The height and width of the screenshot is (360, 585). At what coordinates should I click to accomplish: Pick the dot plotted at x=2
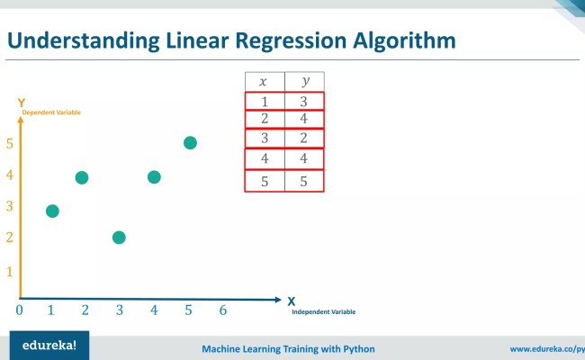[82, 177]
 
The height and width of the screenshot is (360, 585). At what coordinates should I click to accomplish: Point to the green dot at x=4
[154, 177]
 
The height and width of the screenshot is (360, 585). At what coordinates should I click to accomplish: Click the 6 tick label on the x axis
[222, 310]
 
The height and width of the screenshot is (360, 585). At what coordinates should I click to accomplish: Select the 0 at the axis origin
[19, 310]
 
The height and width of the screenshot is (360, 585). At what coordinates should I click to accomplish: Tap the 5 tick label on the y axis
[9, 143]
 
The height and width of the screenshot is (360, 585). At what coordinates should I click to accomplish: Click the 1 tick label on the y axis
[9, 271]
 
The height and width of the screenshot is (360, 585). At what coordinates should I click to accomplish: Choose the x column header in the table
[264, 82]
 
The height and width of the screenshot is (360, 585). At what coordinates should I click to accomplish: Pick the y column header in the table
[304, 82]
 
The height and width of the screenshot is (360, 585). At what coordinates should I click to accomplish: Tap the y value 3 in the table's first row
[304, 101]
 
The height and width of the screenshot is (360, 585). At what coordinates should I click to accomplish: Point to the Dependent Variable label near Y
[51, 112]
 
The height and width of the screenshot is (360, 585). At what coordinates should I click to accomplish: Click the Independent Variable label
[323, 312]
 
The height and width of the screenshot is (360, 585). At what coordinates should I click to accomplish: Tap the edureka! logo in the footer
[43, 345]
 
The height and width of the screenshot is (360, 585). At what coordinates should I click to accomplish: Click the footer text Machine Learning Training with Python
[288, 348]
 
